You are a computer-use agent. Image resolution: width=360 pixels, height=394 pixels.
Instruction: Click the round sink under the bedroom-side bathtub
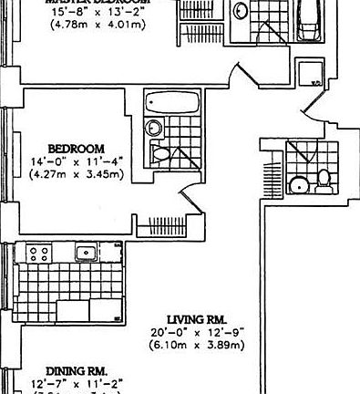155,129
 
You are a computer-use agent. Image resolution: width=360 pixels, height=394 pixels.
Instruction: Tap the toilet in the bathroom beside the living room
323,182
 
